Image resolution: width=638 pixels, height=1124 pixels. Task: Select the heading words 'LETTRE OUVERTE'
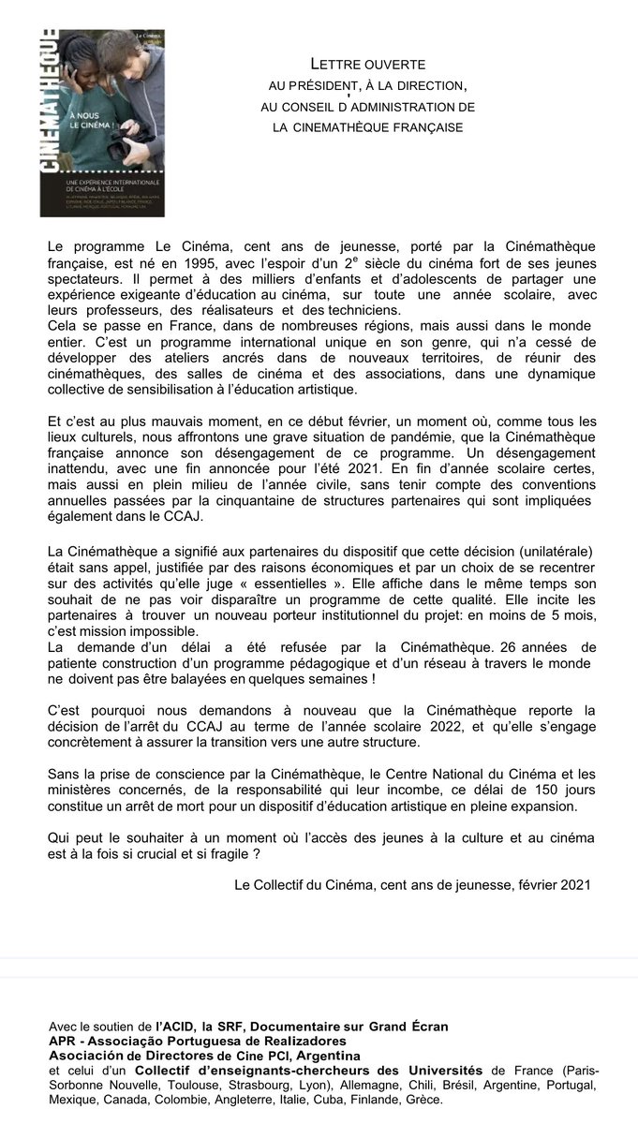[x=368, y=64]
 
